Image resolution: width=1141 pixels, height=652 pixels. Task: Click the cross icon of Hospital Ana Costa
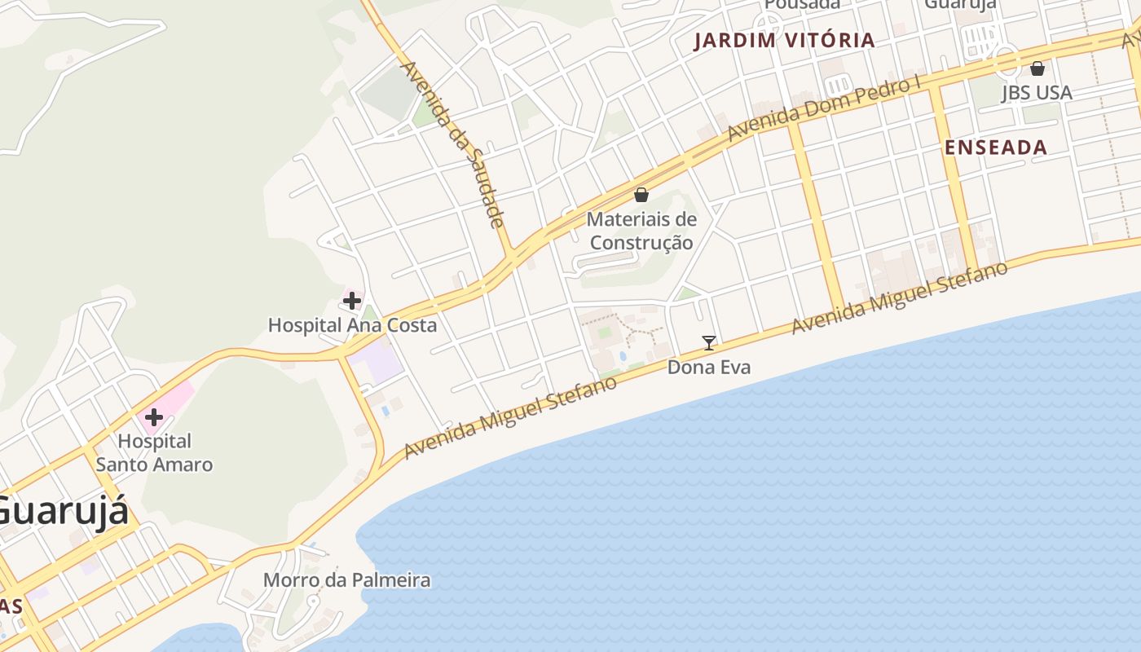pyautogui.click(x=352, y=301)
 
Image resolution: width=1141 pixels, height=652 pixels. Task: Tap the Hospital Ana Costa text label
pyautogui.click(x=352, y=325)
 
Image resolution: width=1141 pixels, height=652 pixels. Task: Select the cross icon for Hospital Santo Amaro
pyautogui.click(x=153, y=418)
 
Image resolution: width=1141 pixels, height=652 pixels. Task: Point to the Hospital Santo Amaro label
pyautogui.click(x=154, y=453)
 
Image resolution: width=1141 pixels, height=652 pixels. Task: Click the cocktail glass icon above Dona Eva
pyautogui.click(x=709, y=343)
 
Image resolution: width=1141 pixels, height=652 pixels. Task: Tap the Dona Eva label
pyautogui.click(x=709, y=368)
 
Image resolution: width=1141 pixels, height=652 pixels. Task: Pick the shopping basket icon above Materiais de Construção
pyautogui.click(x=641, y=195)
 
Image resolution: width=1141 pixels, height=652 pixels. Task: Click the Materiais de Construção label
pyautogui.click(x=641, y=231)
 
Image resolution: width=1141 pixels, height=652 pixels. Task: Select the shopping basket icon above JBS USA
pyautogui.click(x=1037, y=68)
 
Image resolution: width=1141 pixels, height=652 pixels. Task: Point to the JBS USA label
pyautogui.click(x=1037, y=93)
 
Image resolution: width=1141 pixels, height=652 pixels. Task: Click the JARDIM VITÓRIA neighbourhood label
pyautogui.click(x=784, y=41)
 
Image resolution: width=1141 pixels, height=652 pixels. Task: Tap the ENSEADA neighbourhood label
pyautogui.click(x=995, y=148)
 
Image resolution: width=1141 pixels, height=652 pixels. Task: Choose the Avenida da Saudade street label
pyautogui.click(x=454, y=143)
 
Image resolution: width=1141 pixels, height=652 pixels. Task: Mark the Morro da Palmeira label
pyautogui.click(x=346, y=580)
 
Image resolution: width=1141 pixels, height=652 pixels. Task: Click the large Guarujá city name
pyautogui.click(x=62, y=512)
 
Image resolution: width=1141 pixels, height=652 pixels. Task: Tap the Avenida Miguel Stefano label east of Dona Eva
pyautogui.click(x=900, y=297)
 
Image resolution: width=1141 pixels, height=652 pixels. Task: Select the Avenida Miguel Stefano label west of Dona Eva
pyautogui.click(x=510, y=416)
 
